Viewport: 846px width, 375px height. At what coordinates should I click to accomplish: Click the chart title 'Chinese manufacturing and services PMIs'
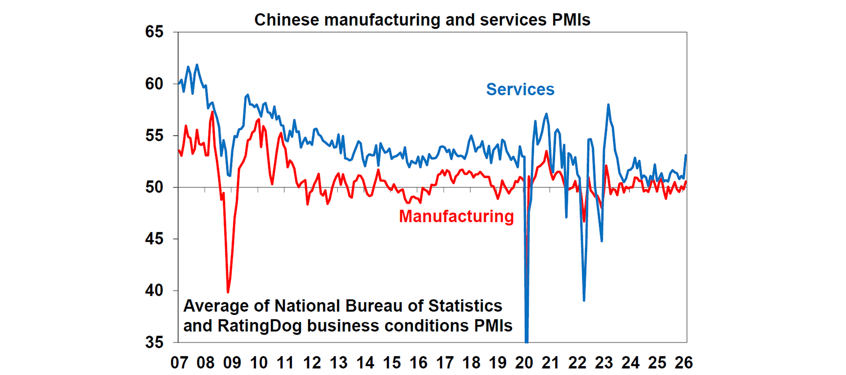click(x=422, y=20)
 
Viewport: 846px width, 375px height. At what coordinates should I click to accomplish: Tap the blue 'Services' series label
click(x=520, y=89)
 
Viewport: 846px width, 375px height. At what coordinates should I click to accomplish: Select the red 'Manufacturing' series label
click(x=456, y=217)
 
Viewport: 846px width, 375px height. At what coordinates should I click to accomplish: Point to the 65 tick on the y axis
click(x=156, y=32)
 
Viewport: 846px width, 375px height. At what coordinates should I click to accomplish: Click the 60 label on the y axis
click(x=156, y=84)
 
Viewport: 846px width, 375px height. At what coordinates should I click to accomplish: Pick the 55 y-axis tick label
click(x=156, y=136)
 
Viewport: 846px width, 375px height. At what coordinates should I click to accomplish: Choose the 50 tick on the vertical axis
click(x=156, y=187)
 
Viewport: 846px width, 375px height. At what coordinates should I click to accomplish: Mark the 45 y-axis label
click(x=156, y=239)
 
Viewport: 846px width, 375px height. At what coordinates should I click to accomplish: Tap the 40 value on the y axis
click(x=156, y=291)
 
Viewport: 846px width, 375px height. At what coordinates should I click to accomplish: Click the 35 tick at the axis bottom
click(x=156, y=342)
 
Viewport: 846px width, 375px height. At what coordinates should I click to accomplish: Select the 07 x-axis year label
click(x=178, y=362)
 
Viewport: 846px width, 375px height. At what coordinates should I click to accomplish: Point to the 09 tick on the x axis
click(x=232, y=362)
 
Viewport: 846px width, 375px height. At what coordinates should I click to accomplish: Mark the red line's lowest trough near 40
click(x=228, y=292)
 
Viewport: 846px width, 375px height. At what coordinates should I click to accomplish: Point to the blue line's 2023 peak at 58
click(x=608, y=104)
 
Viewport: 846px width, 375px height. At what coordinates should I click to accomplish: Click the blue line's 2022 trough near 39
click(x=584, y=300)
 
